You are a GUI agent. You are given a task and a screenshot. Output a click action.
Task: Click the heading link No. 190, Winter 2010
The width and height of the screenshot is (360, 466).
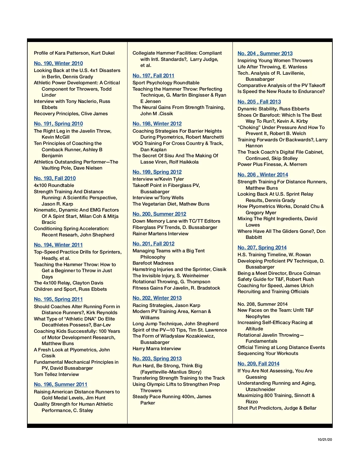click(x=58, y=63)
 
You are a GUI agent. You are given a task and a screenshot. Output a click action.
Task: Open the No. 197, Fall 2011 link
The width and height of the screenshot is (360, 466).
click(x=153, y=76)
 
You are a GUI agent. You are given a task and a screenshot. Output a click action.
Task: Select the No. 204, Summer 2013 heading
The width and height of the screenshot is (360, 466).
click(x=265, y=53)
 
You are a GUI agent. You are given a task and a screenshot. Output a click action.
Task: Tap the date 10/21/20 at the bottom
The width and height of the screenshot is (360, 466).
click(x=325, y=440)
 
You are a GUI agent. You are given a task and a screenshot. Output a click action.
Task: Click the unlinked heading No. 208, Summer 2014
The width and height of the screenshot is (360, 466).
click(x=262, y=304)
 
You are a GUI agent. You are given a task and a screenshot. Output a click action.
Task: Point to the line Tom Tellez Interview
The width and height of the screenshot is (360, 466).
click(x=56, y=374)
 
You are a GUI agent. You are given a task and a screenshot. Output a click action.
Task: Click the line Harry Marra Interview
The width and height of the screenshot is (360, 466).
click(x=157, y=348)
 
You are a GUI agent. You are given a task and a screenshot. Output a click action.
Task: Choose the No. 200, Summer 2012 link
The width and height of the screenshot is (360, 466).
click(x=159, y=214)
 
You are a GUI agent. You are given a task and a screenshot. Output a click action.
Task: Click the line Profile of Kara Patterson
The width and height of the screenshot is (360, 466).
click(x=74, y=53)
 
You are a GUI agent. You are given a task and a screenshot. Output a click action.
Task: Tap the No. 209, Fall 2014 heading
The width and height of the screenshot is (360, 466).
click(x=258, y=364)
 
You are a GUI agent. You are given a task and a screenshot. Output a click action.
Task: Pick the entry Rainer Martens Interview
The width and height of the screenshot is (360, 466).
click(x=160, y=233)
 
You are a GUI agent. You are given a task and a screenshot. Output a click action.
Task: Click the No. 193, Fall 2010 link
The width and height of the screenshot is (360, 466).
click(x=55, y=178)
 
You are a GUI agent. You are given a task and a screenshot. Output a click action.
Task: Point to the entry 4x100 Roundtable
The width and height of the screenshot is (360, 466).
click(x=54, y=185)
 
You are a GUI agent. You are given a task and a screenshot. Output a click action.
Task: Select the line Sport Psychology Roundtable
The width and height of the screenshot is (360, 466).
click(x=166, y=83)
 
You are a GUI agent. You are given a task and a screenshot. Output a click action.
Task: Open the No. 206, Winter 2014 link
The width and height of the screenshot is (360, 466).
click(x=263, y=175)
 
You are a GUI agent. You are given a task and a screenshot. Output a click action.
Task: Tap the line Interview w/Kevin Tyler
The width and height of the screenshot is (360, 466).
click(x=158, y=179)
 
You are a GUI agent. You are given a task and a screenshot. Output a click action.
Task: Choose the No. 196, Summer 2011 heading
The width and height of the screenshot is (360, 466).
click(x=61, y=384)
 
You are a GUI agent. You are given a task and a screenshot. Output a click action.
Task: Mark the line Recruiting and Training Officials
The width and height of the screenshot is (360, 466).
click(x=273, y=291)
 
